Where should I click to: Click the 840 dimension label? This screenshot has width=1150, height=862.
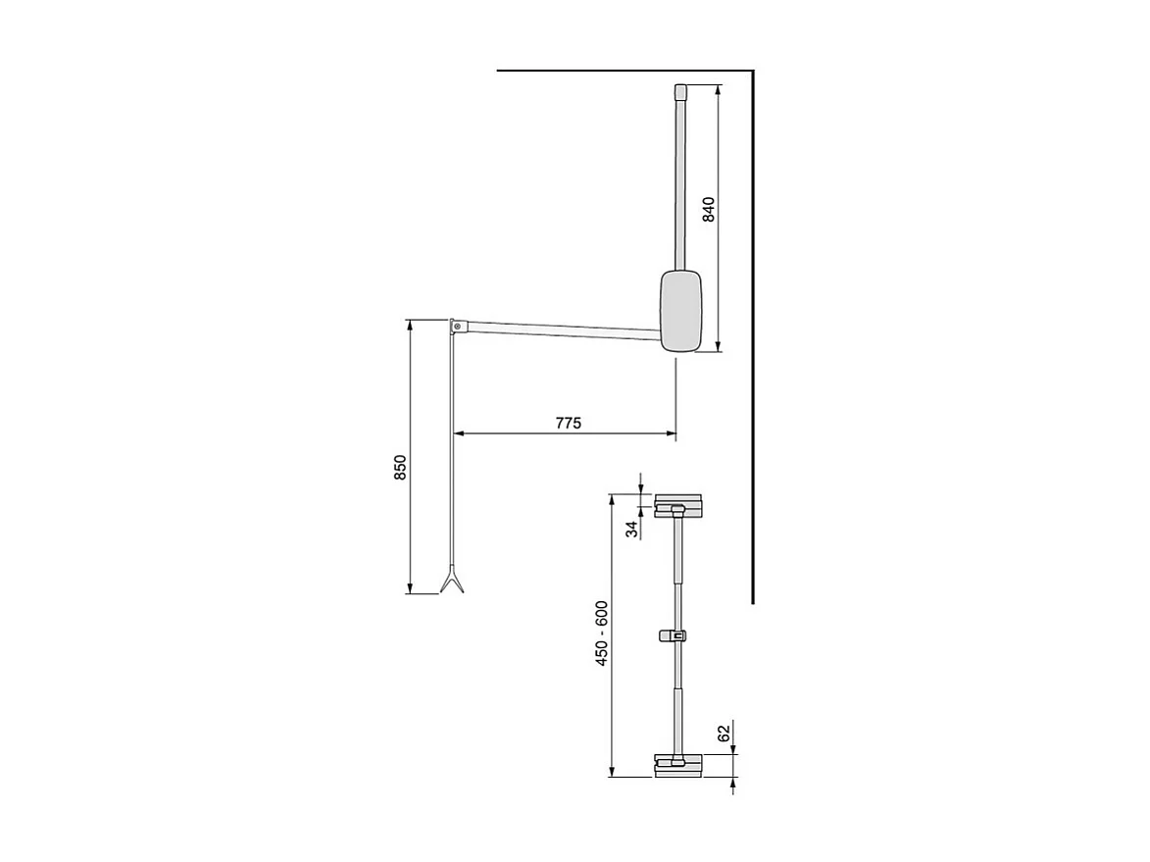(709, 211)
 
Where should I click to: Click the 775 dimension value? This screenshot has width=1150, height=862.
(569, 423)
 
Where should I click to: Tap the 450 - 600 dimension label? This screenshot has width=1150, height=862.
(602, 634)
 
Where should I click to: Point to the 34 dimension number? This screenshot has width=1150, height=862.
(633, 529)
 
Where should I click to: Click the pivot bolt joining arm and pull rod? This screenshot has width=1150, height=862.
(457, 325)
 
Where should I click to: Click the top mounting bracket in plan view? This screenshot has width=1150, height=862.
(678, 505)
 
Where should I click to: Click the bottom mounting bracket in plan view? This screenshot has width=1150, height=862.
(677, 764)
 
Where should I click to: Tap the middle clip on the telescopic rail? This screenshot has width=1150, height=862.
(673, 635)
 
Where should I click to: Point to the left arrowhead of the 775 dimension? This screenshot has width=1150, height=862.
(457, 432)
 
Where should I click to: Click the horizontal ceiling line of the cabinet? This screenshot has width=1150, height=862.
(618, 72)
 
